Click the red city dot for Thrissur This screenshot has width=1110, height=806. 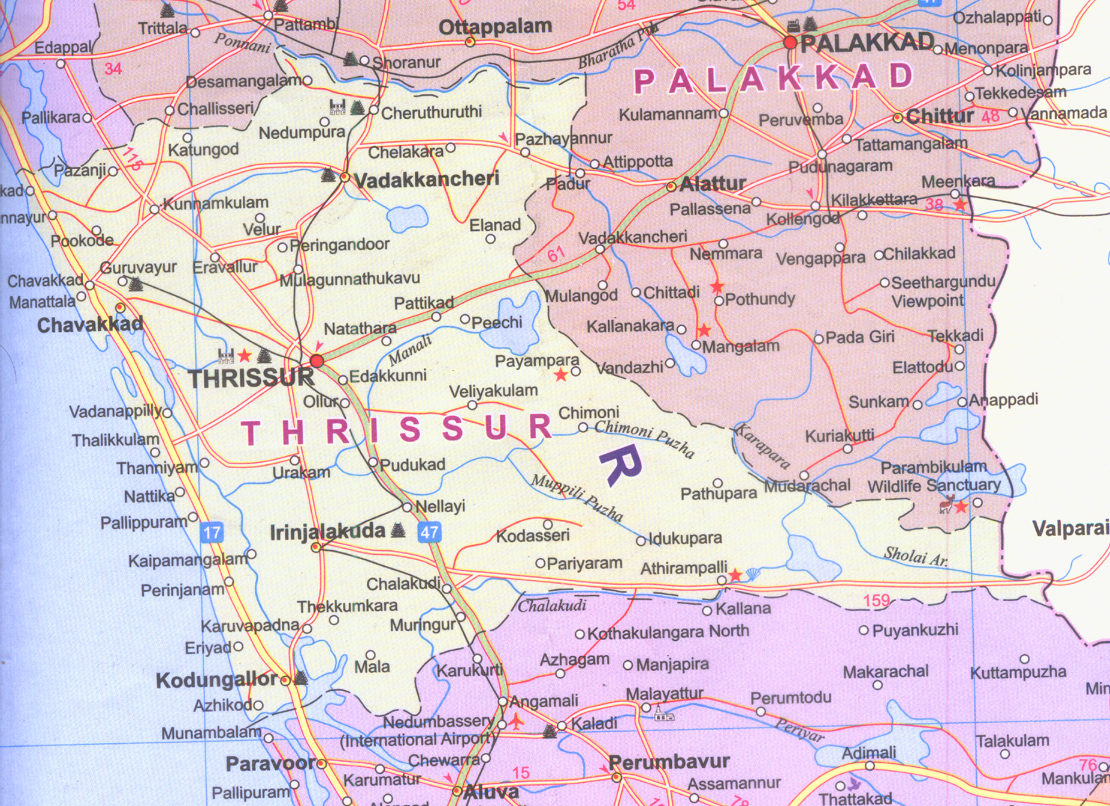click(x=317, y=361)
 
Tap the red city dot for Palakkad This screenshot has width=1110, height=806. click(x=790, y=43)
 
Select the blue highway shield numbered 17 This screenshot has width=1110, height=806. click(x=212, y=533)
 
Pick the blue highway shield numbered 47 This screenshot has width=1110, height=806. click(x=429, y=532)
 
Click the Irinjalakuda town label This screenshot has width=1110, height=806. click(x=327, y=532)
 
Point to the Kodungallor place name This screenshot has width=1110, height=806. click(x=216, y=680)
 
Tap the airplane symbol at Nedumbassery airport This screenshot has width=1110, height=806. click(x=517, y=722)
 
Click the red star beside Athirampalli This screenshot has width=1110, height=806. click(x=736, y=574)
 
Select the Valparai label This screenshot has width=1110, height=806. click(x=1070, y=529)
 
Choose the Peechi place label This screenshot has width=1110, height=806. click(x=496, y=322)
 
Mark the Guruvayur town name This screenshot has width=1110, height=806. click(x=138, y=268)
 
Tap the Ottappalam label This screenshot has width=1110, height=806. click(x=495, y=28)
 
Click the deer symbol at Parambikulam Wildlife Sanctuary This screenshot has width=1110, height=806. click(x=946, y=504)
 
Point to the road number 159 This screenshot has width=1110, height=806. click(x=876, y=600)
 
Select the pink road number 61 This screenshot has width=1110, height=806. click(x=556, y=255)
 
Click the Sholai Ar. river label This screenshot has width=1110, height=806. click(x=916, y=556)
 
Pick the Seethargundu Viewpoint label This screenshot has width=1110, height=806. click(x=943, y=292)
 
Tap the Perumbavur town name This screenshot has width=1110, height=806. click(x=669, y=762)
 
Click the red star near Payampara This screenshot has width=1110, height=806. click(x=561, y=375)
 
